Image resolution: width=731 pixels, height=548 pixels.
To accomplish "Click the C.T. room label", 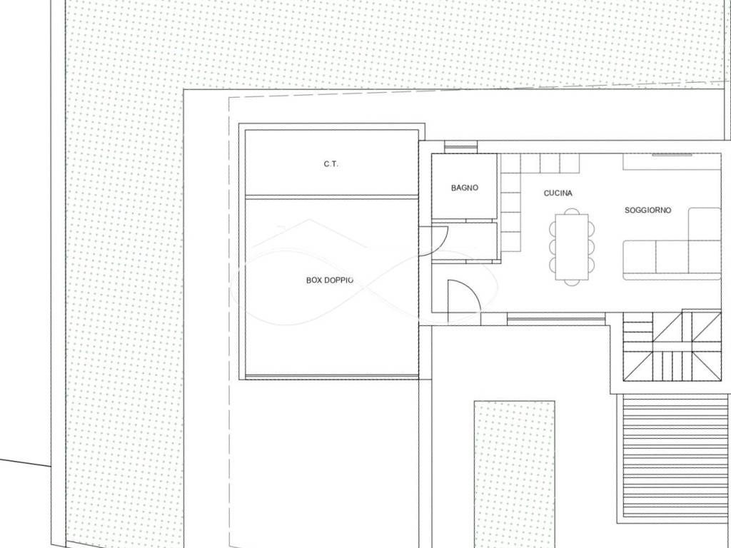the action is pyautogui.click(x=331, y=164).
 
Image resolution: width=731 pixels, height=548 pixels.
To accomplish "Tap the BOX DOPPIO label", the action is pyautogui.click(x=330, y=280).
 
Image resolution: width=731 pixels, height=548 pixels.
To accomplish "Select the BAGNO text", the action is pyautogui.click(x=464, y=188).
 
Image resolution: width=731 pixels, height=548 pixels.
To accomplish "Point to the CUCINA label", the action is pyautogui.click(x=558, y=193).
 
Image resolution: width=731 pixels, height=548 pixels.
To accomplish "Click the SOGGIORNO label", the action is pyautogui.click(x=647, y=210).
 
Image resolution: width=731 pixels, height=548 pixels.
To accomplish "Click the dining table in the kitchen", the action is pyautogui.click(x=572, y=246).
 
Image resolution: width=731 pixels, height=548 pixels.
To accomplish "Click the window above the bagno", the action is pyautogui.click(x=460, y=147).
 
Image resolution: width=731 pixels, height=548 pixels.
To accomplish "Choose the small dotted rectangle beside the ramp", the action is pyautogui.click(x=514, y=474).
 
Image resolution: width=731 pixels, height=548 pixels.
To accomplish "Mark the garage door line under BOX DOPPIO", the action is pyautogui.click(x=331, y=375).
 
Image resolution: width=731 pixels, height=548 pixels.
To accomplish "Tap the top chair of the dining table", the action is pyautogui.click(x=572, y=211).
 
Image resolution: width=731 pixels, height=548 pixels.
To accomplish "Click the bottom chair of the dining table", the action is pyautogui.click(x=572, y=282).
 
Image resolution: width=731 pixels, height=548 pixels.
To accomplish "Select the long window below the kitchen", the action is pyautogui.click(x=555, y=319).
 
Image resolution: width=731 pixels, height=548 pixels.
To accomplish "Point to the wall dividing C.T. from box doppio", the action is pyautogui.click(x=331, y=197).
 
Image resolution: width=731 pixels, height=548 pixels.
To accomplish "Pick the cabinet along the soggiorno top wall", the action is pyautogui.click(x=672, y=161).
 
